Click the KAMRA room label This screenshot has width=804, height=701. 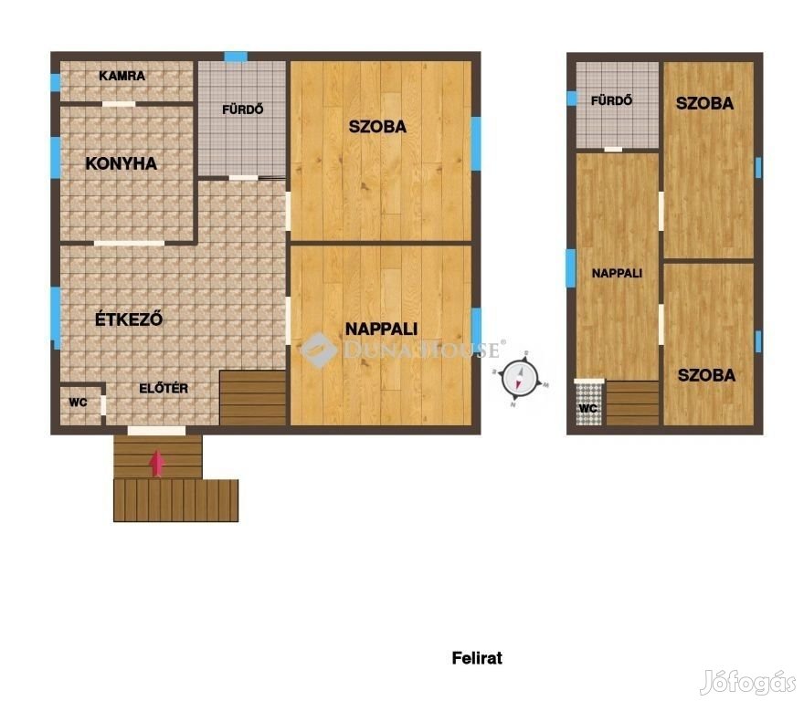tap(122, 76)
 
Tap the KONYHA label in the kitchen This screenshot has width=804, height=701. tap(121, 163)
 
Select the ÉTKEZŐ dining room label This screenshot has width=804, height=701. tap(129, 319)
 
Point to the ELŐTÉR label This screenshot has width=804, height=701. tap(164, 389)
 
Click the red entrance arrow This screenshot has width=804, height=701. tap(157, 464)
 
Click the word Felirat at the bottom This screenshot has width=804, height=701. tap(477, 658)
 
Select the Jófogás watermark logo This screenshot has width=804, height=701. tap(748, 682)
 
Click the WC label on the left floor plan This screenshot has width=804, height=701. tap(78, 403)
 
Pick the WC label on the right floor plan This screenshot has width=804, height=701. tap(587, 408)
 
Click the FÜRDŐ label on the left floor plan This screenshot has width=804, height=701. tap(242, 110)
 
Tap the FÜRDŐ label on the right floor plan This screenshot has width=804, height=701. tap(611, 100)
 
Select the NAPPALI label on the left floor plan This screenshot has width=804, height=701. tap(381, 329)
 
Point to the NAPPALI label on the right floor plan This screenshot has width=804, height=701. tap(617, 273)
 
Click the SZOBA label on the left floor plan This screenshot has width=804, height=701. tap(377, 127)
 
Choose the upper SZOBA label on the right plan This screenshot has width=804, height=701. tap(704, 103)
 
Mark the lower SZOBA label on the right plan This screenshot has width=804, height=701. tap(706, 375)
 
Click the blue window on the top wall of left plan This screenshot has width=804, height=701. tap(236, 57)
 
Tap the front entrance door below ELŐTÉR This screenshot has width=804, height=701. tap(156, 431)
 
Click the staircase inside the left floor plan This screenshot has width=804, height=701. tap(252, 398)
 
